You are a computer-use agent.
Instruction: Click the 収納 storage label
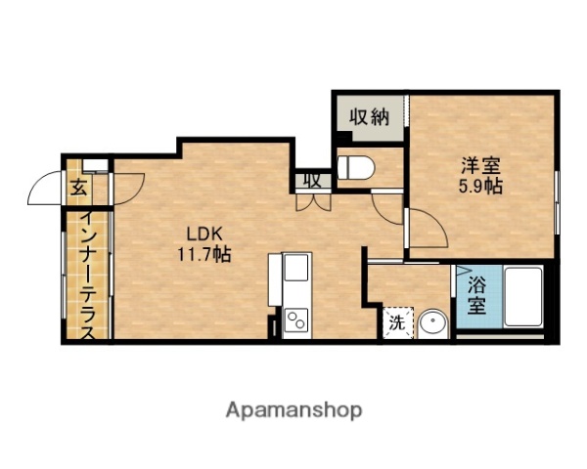(x=370, y=118)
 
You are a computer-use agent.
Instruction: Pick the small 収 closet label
(x=311, y=180)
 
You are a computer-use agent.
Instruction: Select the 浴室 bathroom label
(x=476, y=295)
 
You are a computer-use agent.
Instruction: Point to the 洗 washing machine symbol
(x=397, y=321)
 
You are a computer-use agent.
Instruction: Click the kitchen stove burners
(x=295, y=321)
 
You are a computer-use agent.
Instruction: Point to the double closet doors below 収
(x=313, y=201)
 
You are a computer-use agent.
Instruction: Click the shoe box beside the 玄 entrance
(x=95, y=164)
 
